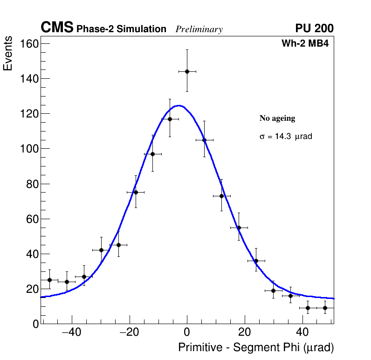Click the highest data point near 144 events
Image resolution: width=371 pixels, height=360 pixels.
coord(187,71)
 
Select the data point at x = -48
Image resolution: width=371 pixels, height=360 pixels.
coord(49,280)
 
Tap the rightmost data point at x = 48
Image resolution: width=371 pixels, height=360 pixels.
coord(325,308)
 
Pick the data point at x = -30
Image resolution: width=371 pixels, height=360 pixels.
coord(101,250)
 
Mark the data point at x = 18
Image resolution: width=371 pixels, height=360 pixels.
coord(239,228)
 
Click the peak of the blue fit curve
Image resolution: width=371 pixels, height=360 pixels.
coord(179,105)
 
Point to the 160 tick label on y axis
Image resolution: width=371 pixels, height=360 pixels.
coord(28,44)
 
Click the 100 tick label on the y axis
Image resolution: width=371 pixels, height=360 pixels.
coord(28,149)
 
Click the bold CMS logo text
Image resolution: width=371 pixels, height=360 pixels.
coord(57,28)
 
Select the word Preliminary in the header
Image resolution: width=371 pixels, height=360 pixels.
coord(199,29)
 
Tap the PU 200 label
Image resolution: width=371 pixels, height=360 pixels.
coord(314,28)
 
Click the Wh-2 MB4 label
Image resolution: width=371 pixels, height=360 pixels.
coord(305,44)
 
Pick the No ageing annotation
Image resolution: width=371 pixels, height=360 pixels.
coord(277,118)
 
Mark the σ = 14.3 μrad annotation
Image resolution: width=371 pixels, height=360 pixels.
coord(285,137)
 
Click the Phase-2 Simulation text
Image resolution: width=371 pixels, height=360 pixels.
coord(121,29)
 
